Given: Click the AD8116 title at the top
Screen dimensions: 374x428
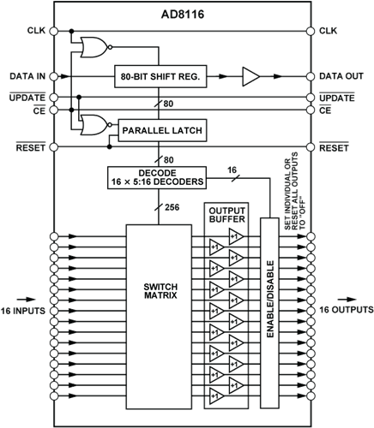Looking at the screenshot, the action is point(183,15).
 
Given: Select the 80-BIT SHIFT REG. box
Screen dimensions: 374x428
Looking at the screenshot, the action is point(160,76).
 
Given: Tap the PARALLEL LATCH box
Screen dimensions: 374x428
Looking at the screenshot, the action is point(162,130).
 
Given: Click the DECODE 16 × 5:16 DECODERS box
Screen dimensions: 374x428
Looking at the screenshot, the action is point(157,177).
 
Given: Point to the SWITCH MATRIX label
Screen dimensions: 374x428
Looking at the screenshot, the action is point(160,291).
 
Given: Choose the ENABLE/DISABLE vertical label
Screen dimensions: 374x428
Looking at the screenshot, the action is point(270,299).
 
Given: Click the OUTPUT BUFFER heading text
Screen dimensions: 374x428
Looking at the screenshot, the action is point(227,215).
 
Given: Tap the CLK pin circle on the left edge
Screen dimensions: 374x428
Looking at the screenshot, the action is point(54,31).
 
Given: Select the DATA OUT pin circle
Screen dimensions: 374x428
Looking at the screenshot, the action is point(311,76).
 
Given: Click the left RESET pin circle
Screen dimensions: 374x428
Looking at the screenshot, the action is point(54,147).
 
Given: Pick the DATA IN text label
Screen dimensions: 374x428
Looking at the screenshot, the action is point(27,76).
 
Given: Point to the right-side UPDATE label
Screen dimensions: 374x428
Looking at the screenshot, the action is point(337,98).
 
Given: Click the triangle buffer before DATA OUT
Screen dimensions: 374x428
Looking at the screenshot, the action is point(251,76).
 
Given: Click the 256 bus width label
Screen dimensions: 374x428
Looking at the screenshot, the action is point(172,207).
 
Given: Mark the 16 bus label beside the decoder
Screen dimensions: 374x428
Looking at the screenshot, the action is point(232,170).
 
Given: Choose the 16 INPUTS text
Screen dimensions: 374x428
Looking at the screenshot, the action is point(23,311).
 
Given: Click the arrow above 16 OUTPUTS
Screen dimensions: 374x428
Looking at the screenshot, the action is point(347,300).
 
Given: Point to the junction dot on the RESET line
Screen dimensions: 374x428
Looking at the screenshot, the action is point(109,147).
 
